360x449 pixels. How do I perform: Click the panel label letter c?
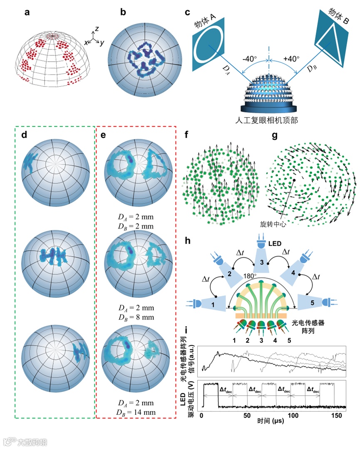point(188,12)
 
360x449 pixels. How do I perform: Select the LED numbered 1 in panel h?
point(212,304)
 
